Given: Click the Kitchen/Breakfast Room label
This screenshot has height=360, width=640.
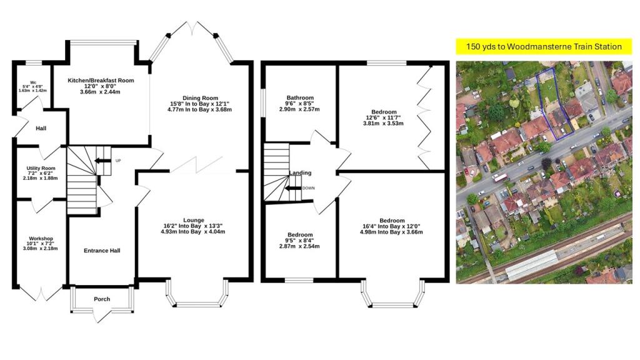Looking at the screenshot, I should click(x=101, y=80).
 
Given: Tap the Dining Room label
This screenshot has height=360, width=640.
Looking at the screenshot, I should click(x=200, y=97).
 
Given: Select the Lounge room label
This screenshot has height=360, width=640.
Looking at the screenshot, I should click(x=193, y=220).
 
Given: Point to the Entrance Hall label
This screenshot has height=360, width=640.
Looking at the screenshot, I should click(x=102, y=251).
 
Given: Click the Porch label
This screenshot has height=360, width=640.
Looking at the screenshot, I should click(x=102, y=299).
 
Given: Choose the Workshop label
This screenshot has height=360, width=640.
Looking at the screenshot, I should click(x=41, y=238).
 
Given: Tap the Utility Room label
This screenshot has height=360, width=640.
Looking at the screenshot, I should click(x=41, y=169).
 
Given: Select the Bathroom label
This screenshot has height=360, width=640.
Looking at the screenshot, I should click(x=300, y=97).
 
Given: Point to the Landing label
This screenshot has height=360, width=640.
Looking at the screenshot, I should click(x=300, y=173).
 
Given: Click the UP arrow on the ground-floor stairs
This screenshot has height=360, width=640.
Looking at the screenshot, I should click(x=100, y=161).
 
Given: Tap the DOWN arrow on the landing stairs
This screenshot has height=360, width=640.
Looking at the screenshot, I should click(x=292, y=188).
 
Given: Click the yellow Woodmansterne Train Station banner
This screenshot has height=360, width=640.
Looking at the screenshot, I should click(x=538, y=46).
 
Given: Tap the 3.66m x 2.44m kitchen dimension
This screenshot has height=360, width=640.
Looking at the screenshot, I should click(x=101, y=92).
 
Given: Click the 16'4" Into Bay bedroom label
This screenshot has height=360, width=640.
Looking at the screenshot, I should click(x=392, y=226).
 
